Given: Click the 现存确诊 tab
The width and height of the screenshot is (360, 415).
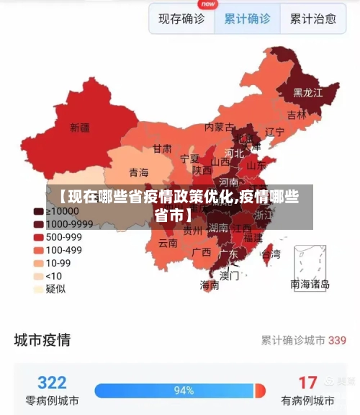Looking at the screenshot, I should pos(181,19).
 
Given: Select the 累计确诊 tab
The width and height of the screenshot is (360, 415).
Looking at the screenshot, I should pos(247,19).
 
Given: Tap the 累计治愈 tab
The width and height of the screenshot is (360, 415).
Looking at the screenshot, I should pos(312,19).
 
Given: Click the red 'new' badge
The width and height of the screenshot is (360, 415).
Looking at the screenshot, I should pos(208,4).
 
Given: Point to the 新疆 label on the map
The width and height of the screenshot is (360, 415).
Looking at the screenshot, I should pos(80,128).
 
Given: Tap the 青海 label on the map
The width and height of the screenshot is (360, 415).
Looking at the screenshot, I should pos(138,172).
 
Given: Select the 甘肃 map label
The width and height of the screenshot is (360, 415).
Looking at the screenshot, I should pos(162,148).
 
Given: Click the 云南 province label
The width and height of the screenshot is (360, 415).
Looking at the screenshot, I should pos(168,243).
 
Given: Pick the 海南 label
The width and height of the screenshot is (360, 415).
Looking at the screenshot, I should pos(210,285).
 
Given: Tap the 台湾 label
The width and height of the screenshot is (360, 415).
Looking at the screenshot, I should pos(271,254).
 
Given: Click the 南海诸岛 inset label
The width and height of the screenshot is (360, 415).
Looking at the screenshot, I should pos(310,285).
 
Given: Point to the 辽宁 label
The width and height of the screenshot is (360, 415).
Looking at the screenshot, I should pos(275,132).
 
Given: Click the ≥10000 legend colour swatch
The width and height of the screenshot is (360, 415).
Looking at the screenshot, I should pos(38,211).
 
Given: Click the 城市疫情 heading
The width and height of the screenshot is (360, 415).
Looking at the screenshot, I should pos(42,339).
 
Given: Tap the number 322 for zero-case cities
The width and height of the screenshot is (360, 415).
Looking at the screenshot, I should pos(52,382).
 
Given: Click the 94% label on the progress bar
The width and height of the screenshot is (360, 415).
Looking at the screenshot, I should pos(184,391).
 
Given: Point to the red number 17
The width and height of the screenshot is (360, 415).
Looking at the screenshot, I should pos(307,382).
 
